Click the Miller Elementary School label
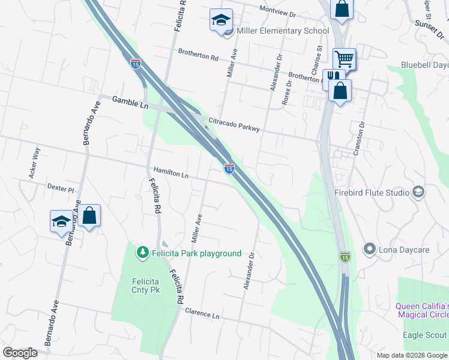(x=283, y=31)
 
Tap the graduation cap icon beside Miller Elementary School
(x=221, y=20)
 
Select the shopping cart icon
(x=345, y=59)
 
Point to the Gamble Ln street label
(x=130, y=103)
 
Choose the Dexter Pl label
(x=60, y=188)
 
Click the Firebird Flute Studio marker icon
(x=418, y=193)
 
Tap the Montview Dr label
(x=278, y=10)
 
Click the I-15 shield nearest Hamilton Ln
(x=229, y=169)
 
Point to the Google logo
(x=20, y=352)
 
